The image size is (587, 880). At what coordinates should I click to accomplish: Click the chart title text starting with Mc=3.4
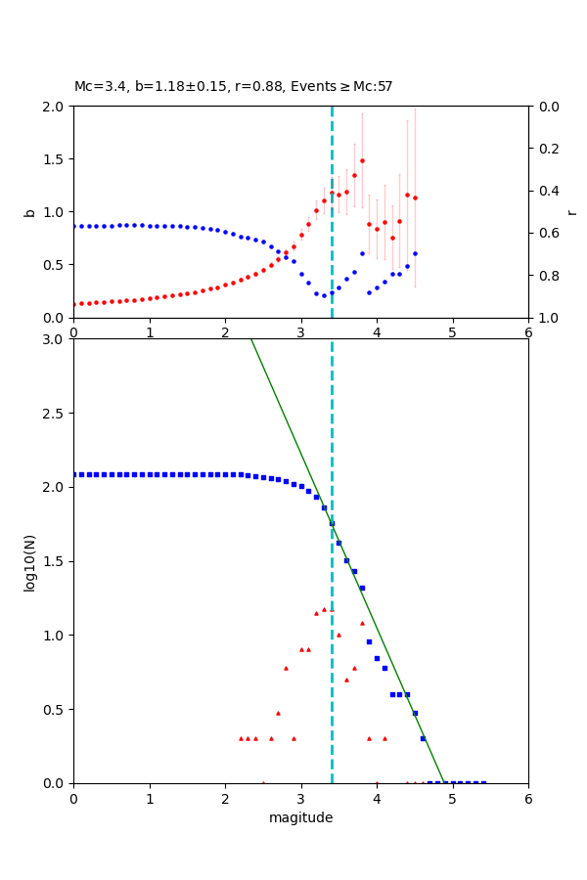(x=233, y=87)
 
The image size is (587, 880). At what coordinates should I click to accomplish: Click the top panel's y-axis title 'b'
(x=29, y=212)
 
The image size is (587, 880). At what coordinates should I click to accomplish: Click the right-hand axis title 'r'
(x=571, y=212)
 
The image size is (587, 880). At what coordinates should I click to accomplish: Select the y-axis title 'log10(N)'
(x=29, y=561)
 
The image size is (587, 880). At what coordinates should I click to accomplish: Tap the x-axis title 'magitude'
(x=300, y=817)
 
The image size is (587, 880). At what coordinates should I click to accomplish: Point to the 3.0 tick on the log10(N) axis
(x=55, y=339)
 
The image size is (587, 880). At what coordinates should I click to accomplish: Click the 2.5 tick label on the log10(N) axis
(x=55, y=414)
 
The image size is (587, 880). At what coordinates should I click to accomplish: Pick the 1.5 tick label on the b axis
(x=55, y=159)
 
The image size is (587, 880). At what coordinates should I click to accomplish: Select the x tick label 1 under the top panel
(x=150, y=332)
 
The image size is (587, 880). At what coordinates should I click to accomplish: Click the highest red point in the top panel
(x=362, y=160)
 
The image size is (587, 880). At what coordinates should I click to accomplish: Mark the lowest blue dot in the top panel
(x=324, y=295)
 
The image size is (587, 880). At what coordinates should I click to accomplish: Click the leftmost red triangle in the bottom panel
(x=241, y=738)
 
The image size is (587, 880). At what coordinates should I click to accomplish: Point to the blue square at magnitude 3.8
(x=362, y=588)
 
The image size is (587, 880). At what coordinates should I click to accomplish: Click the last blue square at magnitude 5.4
(x=483, y=782)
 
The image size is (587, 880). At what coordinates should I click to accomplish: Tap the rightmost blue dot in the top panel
(x=415, y=253)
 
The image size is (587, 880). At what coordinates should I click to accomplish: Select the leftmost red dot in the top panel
(x=74, y=304)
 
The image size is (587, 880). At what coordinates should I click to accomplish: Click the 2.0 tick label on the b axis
(x=55, y=107)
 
